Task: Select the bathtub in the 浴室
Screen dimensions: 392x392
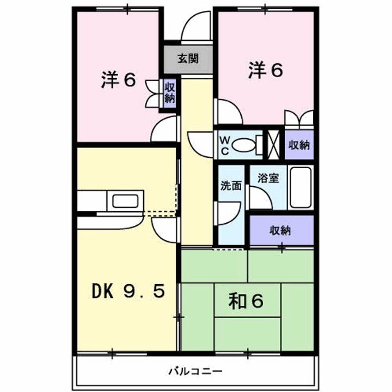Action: click(x=300, y=187)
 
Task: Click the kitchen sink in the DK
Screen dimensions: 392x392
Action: click(x=126, y=201)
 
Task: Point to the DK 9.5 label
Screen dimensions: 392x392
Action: click(x=127, y=293)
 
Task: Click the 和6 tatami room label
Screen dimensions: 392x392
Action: click(x=247, y=301)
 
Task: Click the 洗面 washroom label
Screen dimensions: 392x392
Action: click(x=231, y=185)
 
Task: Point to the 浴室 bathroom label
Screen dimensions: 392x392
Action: click(x=268, y=177)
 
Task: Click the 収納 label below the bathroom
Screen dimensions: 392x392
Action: click(x=281, y=230)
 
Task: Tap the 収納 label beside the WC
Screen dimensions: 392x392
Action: click(x=299, y=145)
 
